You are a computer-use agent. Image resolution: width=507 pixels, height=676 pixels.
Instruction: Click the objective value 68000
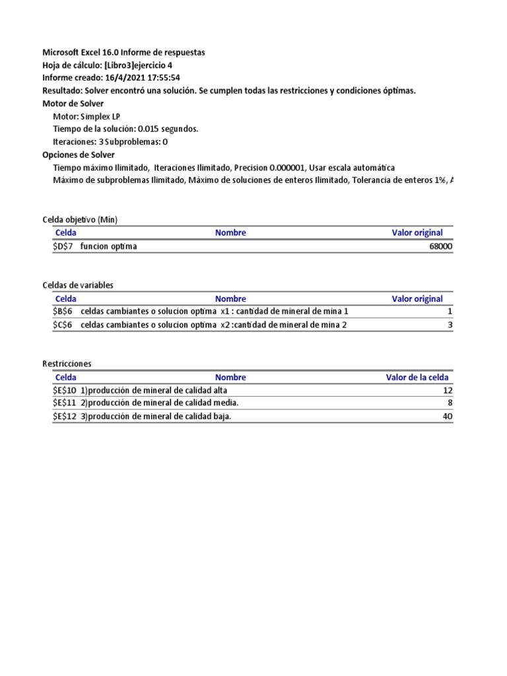coord(440,246)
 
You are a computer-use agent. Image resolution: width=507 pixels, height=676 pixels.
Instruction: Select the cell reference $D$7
coord(64,246)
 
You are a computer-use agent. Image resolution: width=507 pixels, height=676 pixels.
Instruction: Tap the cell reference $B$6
coord(64,311)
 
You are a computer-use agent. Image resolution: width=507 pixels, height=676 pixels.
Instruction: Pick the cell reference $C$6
coord(64,324)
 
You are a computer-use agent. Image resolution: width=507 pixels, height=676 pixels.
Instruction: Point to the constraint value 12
coord(448,390)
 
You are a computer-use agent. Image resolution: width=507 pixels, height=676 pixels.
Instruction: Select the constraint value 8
coord(450,403)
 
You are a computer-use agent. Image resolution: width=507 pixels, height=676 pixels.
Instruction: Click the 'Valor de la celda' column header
coord(417,378)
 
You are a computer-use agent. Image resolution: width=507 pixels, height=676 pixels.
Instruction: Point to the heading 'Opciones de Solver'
coord(78,154)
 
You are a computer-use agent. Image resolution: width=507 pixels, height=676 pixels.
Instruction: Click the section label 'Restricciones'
coord(67,364)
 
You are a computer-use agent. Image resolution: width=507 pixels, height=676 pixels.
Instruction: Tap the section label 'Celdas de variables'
coord(77,285)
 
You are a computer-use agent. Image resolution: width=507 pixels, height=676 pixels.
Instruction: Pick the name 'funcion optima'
coord(109,246)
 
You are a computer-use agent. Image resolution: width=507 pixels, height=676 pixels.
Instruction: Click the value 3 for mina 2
coord(450,324)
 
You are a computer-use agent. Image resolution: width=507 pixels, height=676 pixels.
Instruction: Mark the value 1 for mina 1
coord(450,311)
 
